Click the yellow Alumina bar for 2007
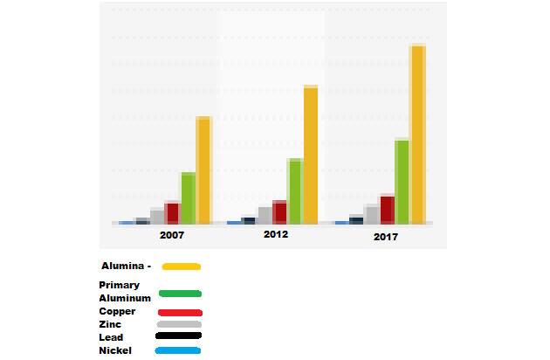click(203, 170)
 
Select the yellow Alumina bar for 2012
click(311, 156)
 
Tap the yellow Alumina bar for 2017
click(418, 135)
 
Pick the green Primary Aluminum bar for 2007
click(188, 198)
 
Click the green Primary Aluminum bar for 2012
click(295, 191)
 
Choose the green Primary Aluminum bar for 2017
click(402, 181)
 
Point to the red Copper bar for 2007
click(173, 212)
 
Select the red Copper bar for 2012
click(279, 212)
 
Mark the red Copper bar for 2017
click(388, 210)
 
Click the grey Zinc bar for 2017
click(372, 214)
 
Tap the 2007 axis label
click(172, 236)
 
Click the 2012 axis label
click(276, 235)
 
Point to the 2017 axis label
click(386, 237)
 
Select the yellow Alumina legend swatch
click(182, 267)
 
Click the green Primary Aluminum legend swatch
click(180, 294)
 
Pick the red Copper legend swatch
click(180, 313)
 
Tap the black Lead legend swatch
click(178, 336)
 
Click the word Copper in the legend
click(117, 311)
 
